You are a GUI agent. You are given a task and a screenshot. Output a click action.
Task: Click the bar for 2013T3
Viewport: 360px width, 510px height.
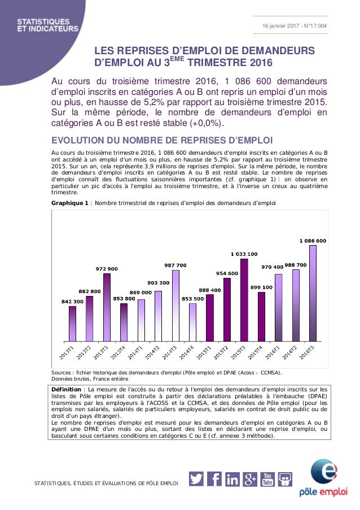click(x=107, y=308)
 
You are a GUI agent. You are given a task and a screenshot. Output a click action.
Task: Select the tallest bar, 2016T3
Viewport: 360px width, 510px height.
click(x=313, y=294)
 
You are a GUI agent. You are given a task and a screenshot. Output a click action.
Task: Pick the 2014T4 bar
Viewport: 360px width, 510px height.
click(x=192, y=322)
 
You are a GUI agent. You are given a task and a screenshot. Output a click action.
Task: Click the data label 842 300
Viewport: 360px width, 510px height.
click(x=72, y=302)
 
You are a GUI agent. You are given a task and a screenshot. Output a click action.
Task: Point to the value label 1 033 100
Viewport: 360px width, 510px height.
click(x=244, y=254)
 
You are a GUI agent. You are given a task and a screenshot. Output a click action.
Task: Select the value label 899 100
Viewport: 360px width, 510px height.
click(x=261, y=287)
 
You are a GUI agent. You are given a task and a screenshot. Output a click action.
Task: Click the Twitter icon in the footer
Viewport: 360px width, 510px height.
click(x=196, y=478)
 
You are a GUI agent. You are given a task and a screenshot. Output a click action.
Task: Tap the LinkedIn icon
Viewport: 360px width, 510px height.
click(x=232, y=478)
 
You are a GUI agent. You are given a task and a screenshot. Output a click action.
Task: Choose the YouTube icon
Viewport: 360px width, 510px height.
click(x=267, y=478)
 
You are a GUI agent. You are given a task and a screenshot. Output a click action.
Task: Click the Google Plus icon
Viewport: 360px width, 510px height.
click(x=249, y=478)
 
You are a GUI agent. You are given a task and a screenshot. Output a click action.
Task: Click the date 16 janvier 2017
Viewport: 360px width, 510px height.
click(x=280, y=25)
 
